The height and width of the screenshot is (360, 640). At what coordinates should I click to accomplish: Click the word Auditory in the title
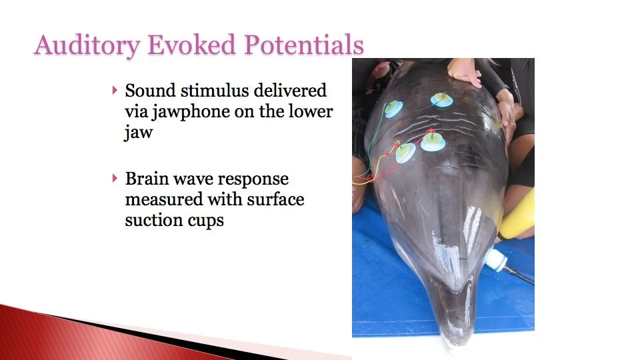(87, 45)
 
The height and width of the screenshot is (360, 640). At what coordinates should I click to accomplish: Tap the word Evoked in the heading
(191, 44)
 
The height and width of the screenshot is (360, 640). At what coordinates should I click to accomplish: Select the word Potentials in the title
(304, 44)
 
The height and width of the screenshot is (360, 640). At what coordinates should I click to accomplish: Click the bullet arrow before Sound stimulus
(115, 90)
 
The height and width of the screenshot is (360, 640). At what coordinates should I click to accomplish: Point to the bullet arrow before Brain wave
(115, 179)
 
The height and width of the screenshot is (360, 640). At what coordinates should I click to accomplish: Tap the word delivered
(290, 90)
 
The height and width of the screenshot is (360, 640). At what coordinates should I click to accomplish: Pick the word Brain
(147, 179)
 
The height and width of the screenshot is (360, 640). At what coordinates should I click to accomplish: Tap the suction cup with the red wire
(433, 141)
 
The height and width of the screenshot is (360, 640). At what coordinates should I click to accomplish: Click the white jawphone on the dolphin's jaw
(496, 260)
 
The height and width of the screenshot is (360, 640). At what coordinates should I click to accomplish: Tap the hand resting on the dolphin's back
(465, 72)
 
